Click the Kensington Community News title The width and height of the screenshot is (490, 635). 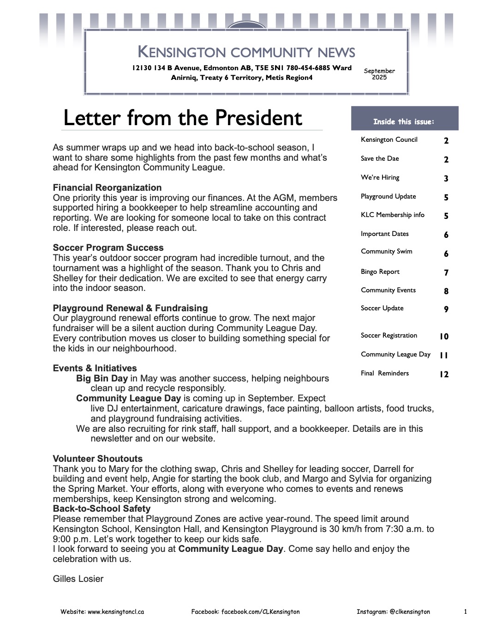[x=246, y=52]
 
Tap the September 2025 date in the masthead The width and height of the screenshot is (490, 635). [x=379, y=74]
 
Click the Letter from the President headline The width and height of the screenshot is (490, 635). [x=183, y=118]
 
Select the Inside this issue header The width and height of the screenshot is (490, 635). [x=404, y=122]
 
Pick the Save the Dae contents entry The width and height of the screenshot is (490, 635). [x=380, y=158]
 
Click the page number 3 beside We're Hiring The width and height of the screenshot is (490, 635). [x=446, y=178]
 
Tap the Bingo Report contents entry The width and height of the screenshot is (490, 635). [x=380, y=272]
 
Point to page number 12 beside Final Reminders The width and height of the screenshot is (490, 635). [x=444, y=374]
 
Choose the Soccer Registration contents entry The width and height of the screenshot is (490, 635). [x=389, y=335]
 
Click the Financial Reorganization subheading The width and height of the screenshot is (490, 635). [x=107, y=187]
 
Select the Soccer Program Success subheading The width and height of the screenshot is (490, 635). [x=108, y=248]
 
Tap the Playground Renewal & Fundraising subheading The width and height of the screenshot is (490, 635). [x=130, y=308]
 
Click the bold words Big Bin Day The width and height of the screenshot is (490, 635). [x=102, y=378]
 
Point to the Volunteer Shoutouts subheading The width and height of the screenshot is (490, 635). [x=98, y=459]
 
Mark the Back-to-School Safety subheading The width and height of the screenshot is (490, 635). [x=102, y=508]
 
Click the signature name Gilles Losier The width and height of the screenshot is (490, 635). [x=78, y=579]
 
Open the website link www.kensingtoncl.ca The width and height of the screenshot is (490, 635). [x=116, y=611]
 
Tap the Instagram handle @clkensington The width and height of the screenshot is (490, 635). [x=410, y=611]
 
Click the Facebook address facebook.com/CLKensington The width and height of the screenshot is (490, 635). [x=260, y=611]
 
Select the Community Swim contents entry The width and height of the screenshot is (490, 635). [x=387, y=251]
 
